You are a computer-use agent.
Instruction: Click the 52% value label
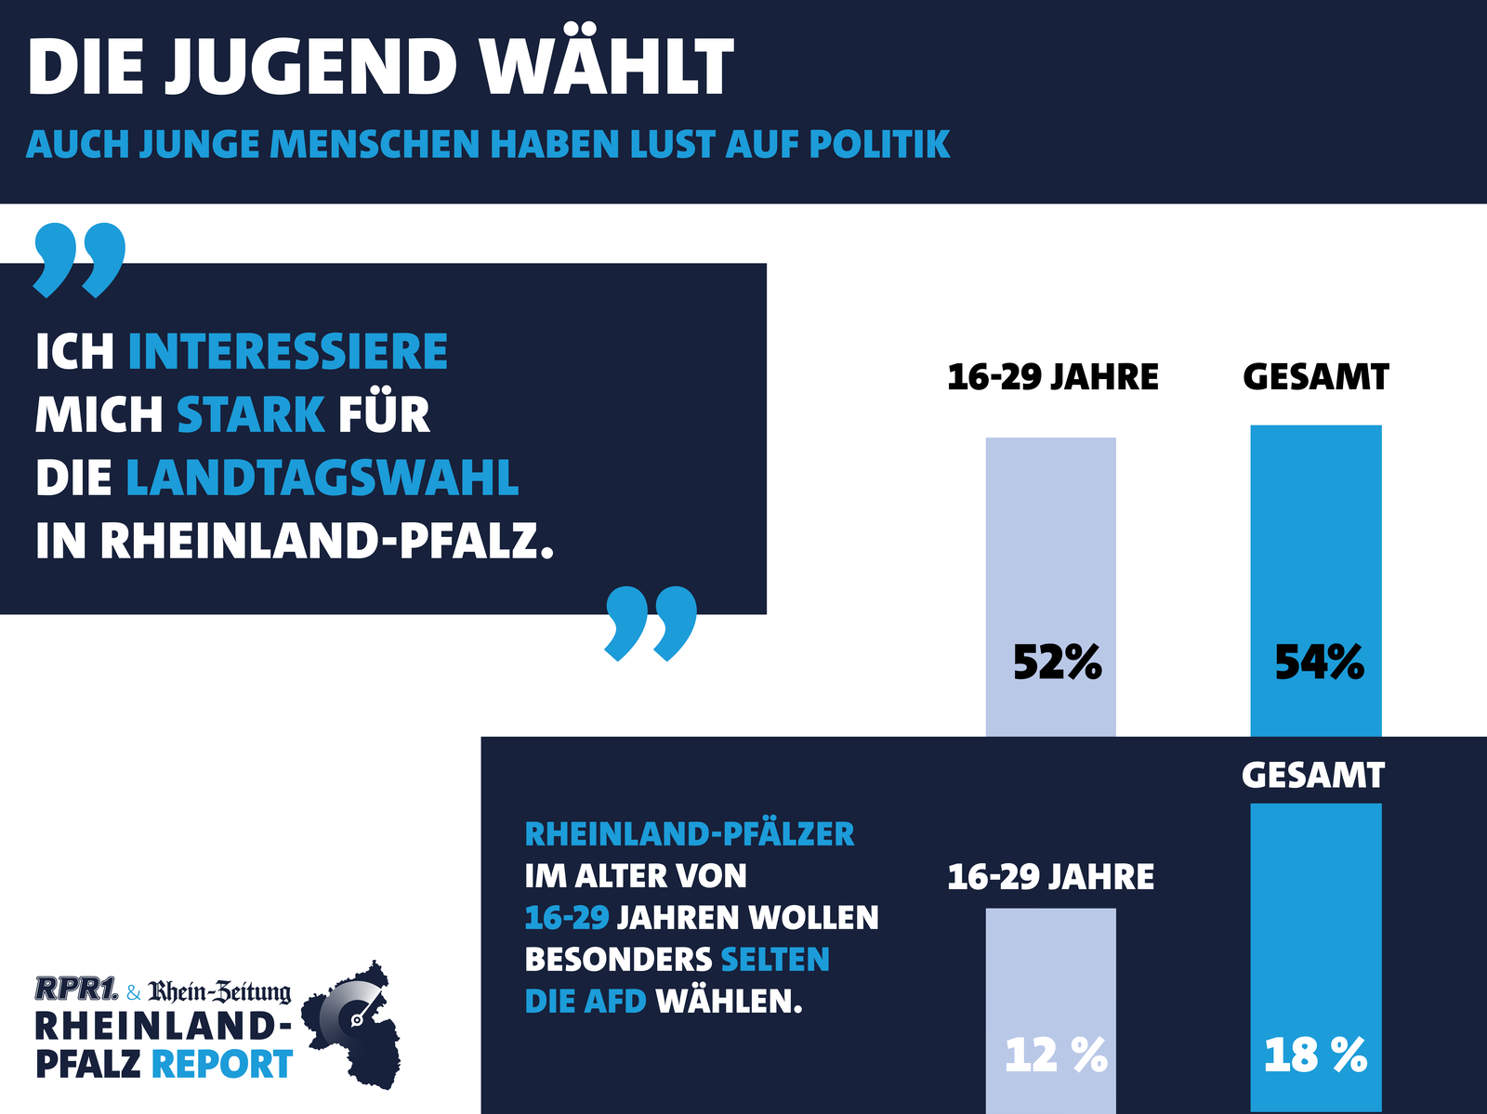(1057, 662)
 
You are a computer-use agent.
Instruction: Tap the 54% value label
(1319, 662)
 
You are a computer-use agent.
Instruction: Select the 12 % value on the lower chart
(1056, 1055)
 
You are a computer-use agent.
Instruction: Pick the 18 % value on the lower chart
(1315, 1055)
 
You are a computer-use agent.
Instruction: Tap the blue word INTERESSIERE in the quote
(288, 352)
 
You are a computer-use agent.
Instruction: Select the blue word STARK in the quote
(251, 414)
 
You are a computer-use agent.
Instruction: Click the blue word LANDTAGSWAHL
(322, 478)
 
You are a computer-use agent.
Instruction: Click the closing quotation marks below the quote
(651, 622)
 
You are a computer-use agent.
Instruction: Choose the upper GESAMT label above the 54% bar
(1316, 377)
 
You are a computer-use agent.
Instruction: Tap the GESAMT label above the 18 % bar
(1313, 775)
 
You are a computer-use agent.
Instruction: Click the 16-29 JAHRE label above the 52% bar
(1053, 377)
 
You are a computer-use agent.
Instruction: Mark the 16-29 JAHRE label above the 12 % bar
(1051, 877)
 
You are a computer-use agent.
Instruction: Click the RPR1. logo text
(76, 989)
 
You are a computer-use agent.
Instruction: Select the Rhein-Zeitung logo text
(219, 992)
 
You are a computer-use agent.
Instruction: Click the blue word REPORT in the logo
(222, 1064)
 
